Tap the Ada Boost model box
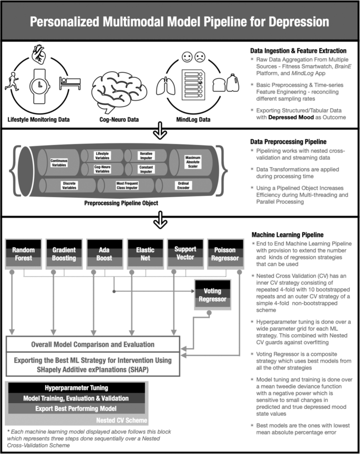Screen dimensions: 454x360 [103, 254]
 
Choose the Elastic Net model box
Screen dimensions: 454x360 [143, 254]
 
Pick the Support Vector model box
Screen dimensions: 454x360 [184, 254]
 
